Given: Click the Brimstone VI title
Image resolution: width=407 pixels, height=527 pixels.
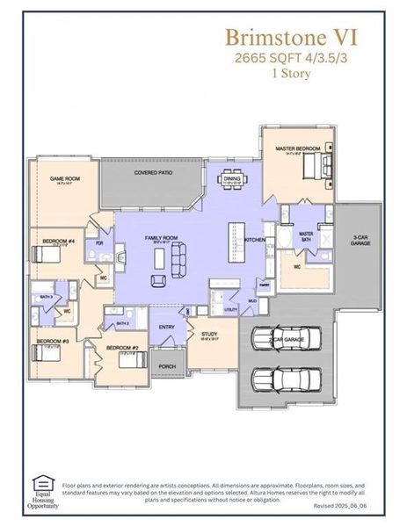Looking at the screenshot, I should (291, 37).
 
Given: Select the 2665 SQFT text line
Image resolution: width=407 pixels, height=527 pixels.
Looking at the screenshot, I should (291, 58).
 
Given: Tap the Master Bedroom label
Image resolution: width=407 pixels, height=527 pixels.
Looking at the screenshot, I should (296, 149).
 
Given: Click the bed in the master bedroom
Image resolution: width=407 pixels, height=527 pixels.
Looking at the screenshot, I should (318, 162).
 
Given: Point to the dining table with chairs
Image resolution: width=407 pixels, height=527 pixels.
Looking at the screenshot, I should (232, 184).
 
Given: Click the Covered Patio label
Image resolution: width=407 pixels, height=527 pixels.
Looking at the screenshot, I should (153, 173).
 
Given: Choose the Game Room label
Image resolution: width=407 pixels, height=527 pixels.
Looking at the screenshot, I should (65, 178).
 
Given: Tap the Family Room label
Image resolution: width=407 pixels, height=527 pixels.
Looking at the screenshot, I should (161, 238).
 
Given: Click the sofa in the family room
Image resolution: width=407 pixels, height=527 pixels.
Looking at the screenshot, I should (178, 258).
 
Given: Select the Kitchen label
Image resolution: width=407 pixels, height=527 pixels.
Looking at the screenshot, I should (254, 240).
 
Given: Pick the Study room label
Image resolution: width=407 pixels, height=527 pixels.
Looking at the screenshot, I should (208, 334).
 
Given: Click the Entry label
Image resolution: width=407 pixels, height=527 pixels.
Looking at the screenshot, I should (166, 327).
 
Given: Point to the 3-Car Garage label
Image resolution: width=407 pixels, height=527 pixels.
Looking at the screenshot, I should (360, 240).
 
